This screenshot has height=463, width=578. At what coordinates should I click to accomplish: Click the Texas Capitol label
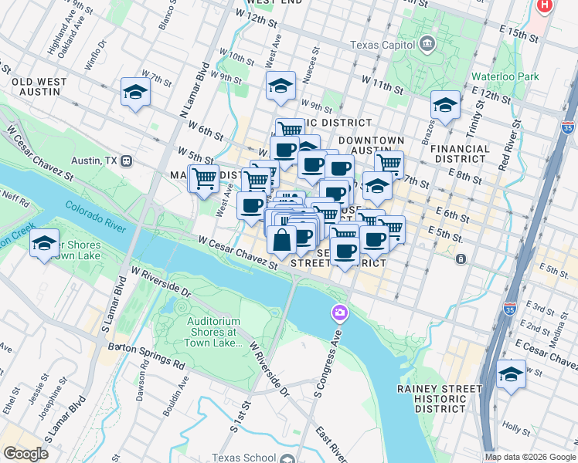[382, 45]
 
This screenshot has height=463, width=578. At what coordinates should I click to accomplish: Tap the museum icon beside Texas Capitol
[427, 45]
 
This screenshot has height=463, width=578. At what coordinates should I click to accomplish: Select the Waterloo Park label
[505, 77]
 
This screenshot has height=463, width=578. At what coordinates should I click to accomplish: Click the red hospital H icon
[546, 5]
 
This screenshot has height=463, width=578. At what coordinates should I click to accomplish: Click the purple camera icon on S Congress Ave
[339, 313]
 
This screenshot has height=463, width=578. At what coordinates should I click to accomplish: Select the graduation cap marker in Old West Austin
[135, 93]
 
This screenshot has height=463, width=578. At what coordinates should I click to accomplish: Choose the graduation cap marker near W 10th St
[280, 86]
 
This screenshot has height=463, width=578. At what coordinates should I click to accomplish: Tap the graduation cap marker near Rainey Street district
[510, 375]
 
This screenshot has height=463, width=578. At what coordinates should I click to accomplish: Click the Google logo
[25, 454]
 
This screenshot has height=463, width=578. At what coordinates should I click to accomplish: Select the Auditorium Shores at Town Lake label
[213, 333]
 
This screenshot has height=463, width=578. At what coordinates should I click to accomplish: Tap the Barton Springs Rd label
[147, 355]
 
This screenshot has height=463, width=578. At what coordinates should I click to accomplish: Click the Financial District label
[461, 154]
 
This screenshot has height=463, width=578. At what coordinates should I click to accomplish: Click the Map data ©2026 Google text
[529, 457]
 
